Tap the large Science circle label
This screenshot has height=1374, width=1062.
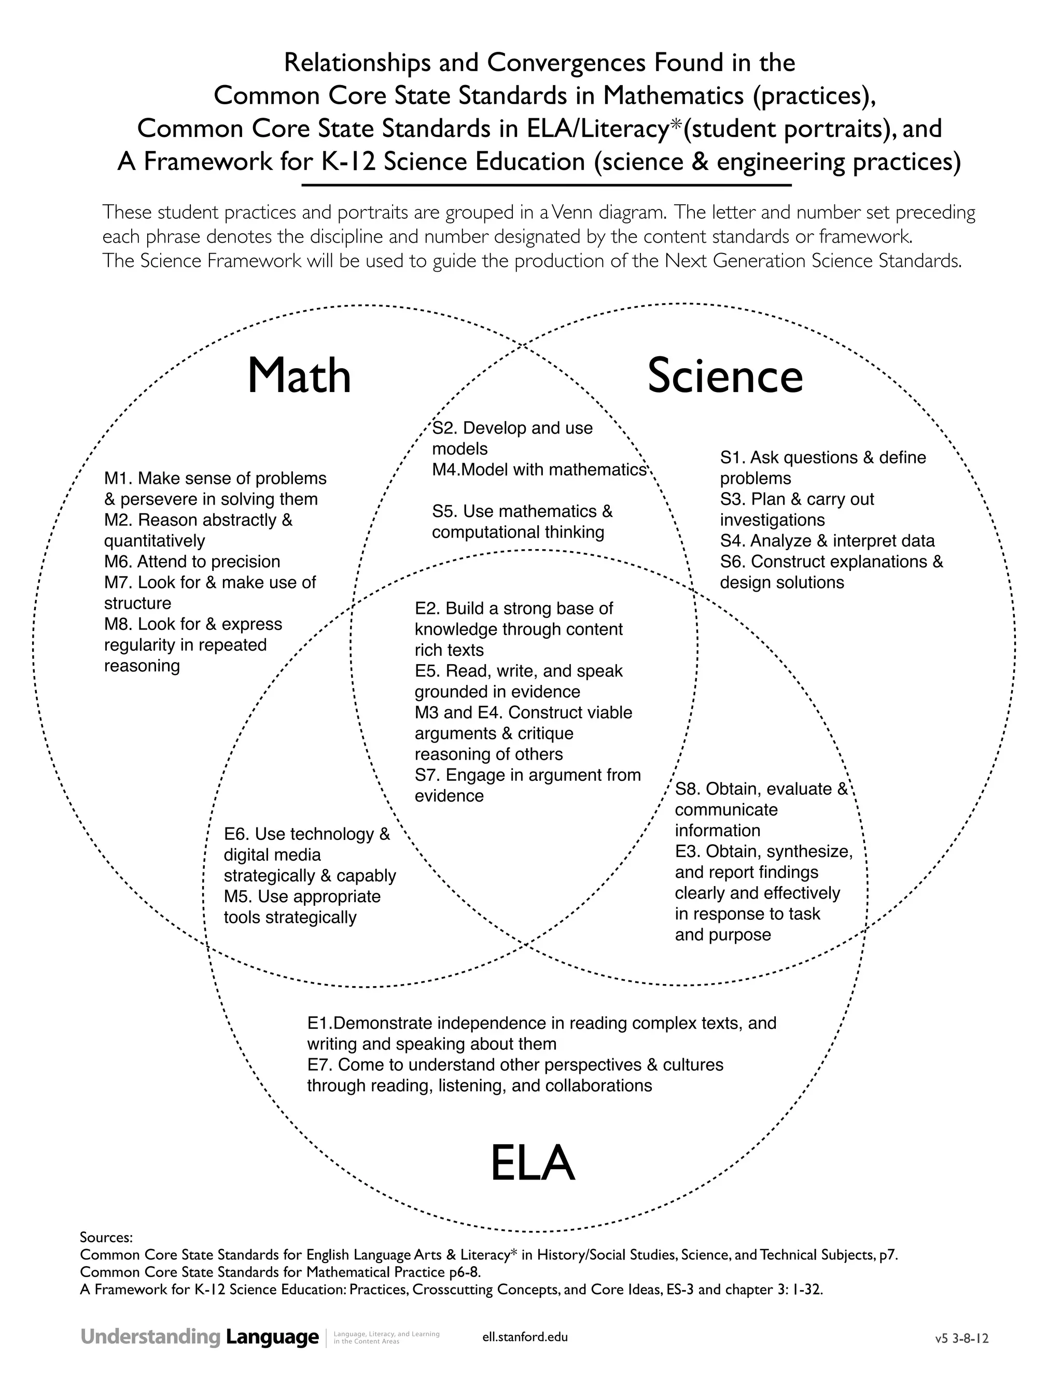point(725,376)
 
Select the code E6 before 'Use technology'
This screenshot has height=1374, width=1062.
point(236,834)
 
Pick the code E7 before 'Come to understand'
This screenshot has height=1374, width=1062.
point(319,1064)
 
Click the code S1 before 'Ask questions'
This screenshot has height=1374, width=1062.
point(732,457)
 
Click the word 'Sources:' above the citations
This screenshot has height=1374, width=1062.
point(106,1238)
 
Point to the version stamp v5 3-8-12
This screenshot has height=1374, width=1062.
point(961,1338)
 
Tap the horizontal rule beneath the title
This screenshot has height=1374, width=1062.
point(546,186)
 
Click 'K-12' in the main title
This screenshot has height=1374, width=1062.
point(348,162)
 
